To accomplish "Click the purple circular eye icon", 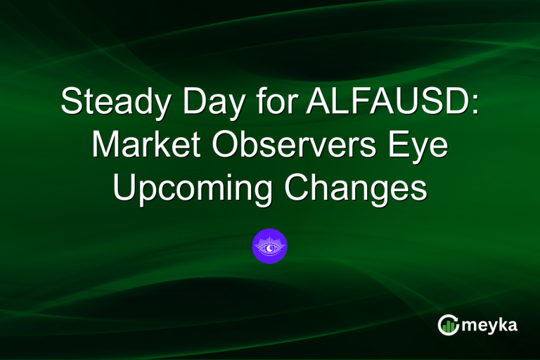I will pyautogui.click(x=270, y=246).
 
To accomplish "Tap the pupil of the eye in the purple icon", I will pyautogui.click(x=270, y=246).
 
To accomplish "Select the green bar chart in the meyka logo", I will pyautogui.click(x=447, y=324).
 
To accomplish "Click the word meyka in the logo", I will pyautogui.click(x=490, y=325).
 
